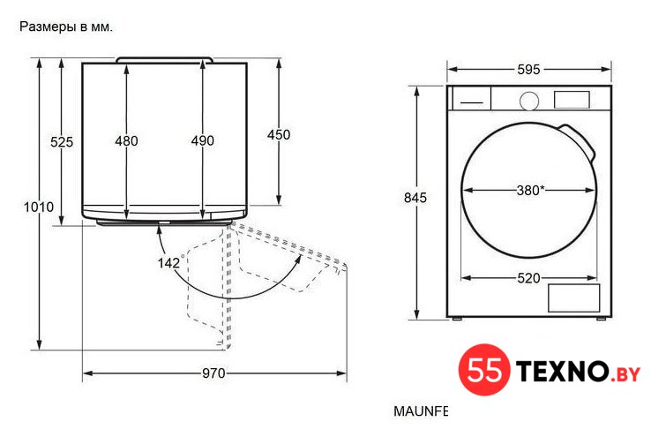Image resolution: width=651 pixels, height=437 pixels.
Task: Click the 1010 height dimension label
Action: tap(39, 207)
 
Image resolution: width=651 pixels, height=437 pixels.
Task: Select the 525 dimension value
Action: tap(62, 142)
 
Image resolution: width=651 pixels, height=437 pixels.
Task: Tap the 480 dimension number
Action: tap(126, 141)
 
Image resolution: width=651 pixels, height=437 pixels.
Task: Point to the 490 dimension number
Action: tap(203, 140)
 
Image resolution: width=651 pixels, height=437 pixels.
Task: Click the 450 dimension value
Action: tap(279, 134)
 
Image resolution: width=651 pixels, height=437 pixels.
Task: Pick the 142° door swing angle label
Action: tap(170, 262)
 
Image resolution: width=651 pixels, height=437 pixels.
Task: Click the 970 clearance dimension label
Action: tap(213, 373)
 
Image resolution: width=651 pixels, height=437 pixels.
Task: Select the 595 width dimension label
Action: tap(528, 70)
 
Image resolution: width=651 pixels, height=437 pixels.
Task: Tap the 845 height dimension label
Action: tap(415, 198)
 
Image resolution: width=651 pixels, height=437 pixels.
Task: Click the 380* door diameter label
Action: tap(530, 191)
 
